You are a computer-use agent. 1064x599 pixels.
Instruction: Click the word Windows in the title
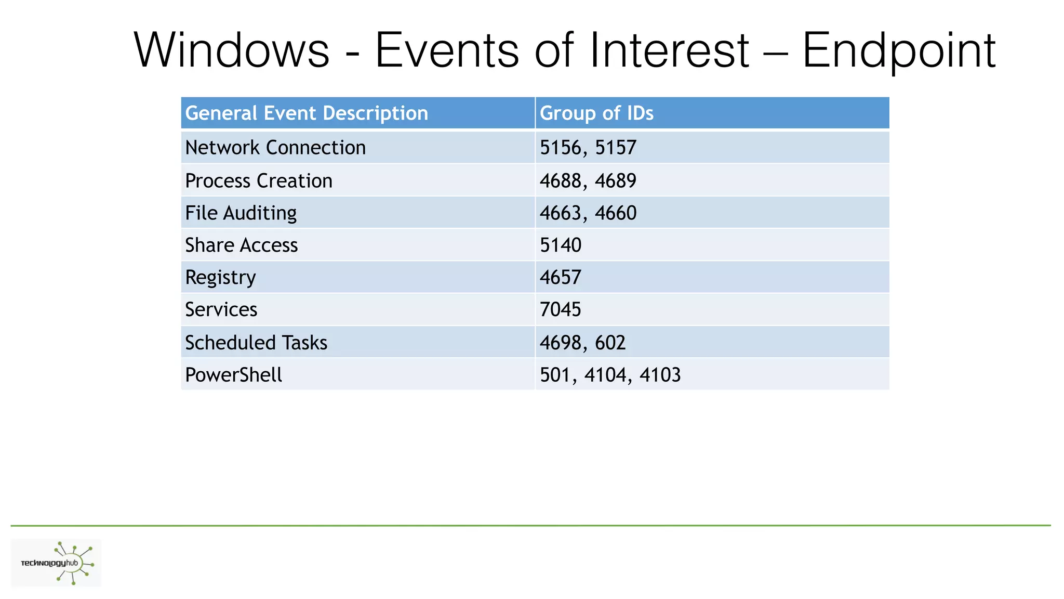[x=232, y=50]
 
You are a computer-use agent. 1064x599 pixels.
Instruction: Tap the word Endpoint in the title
[x=899, y=50]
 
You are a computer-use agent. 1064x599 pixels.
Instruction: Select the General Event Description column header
[x=307, y=113]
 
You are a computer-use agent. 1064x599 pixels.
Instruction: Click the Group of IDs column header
[x=596, y=113]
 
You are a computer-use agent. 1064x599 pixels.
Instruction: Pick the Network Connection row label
[x=275, y=148]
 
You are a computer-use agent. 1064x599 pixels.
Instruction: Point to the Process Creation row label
[x=259, y=181]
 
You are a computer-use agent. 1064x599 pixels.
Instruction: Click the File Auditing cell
[x=241, y=213]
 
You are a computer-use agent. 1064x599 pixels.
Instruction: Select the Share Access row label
[x=242, y=245]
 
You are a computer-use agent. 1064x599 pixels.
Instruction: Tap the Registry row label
[x=220, y=278]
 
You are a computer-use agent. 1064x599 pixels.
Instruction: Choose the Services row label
[x=221, y=310]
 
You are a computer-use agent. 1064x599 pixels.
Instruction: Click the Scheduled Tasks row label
[x=256, y=343]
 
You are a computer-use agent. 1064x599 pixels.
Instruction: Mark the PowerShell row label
[x=234, y=375]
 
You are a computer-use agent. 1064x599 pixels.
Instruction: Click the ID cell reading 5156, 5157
[x=588, y=148]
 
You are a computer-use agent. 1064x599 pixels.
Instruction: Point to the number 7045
[x=560, y=310]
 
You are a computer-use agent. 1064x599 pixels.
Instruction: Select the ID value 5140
[x=560, y=245]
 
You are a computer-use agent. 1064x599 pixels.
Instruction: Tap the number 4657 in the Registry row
[x=560, y=278]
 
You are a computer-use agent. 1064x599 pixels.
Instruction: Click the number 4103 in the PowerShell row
[x=660, y=375]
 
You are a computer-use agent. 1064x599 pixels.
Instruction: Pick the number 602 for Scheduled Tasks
[x=610, y=343]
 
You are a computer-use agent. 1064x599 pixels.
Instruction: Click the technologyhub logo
[x=56, y=563]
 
